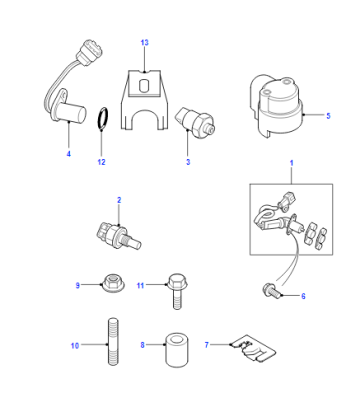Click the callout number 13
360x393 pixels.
coord(144,43)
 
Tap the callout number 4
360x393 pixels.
coord(69,154)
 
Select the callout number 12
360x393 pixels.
coord(101,162)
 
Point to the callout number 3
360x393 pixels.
coord(188,162)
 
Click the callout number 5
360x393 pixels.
coord(328,116)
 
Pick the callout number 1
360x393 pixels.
coord(292,163)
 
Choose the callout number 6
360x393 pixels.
coord(303,296)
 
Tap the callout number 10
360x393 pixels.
coord(75,346)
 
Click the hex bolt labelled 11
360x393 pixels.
coord(177,291)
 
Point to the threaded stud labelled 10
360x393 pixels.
coord(113,342)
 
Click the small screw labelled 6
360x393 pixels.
coord(272,289)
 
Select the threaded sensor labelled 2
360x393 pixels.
coord(118,235)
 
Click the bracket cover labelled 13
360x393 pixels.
coord(144,100)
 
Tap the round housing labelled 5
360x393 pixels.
coord(277,106)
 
